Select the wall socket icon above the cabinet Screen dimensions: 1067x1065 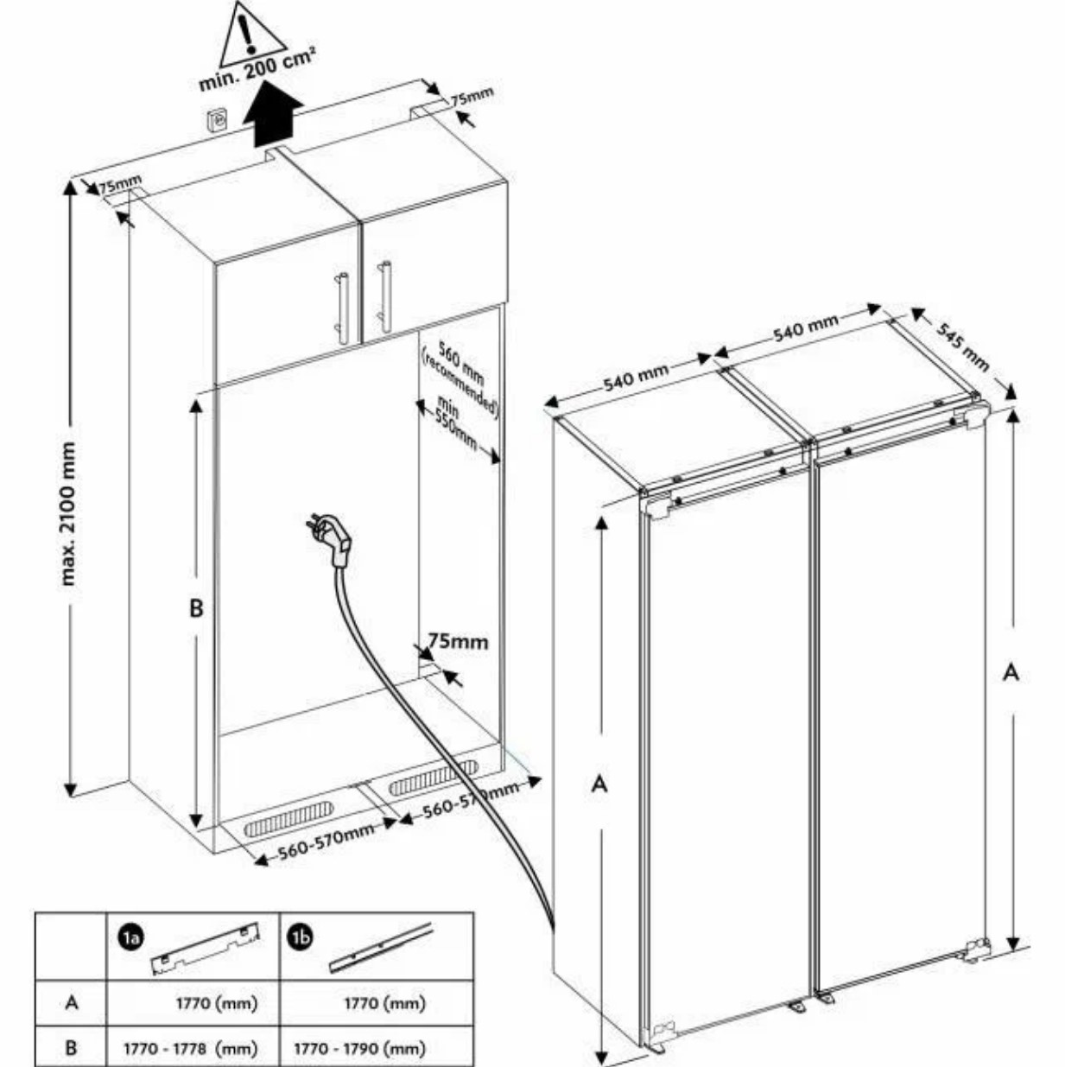[217, 119]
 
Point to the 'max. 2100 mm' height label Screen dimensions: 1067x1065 [68, 513]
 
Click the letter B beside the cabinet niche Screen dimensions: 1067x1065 [196, 608]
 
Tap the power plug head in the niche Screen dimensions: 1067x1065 [336, 540]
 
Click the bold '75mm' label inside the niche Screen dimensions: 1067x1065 [458, 641]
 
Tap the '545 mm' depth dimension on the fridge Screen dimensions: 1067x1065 [962, 346]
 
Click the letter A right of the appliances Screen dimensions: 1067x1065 [1010, 671]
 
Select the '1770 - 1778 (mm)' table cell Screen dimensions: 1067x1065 [191, 1048]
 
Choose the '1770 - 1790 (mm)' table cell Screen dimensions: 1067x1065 [360, 1048]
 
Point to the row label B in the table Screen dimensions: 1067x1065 [71, 1048]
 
